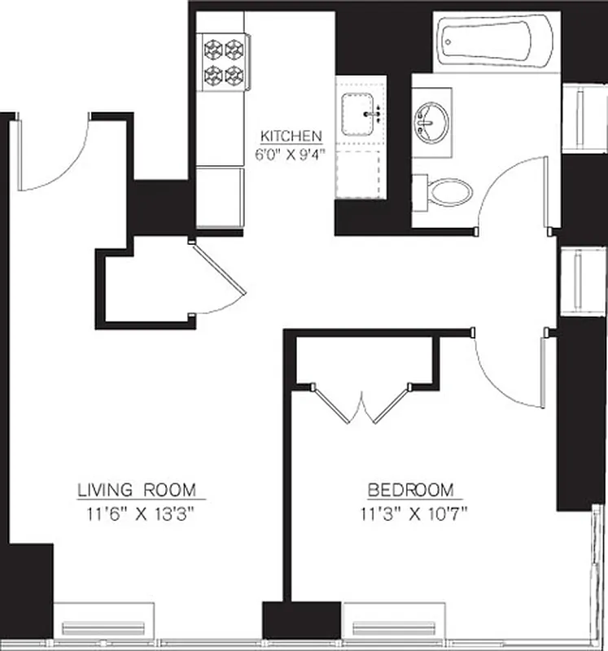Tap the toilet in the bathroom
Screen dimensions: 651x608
click(448, 192)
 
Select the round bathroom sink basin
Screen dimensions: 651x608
click(431, 123)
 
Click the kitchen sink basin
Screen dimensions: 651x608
click(358, 114)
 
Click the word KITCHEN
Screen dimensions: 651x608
click(291, 136)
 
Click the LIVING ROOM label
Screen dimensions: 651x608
click(137, 490)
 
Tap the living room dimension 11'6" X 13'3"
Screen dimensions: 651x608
click(137, 514)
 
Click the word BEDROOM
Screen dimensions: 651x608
click(410, 490)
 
